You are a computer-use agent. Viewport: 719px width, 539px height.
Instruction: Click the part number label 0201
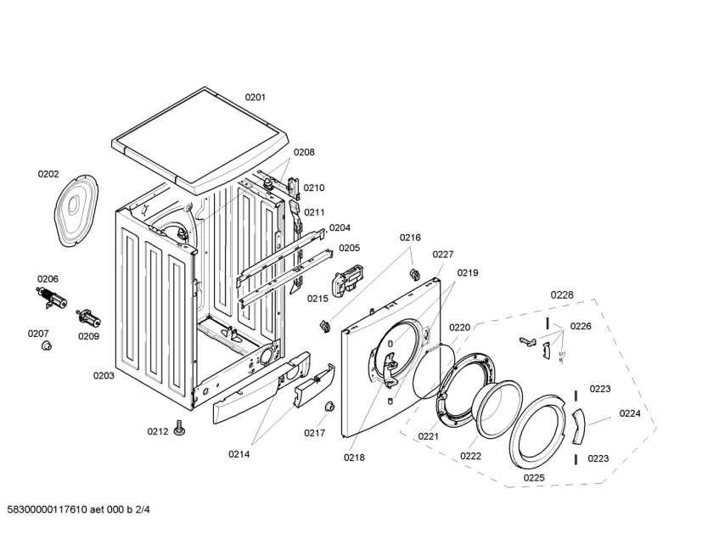point(255,98)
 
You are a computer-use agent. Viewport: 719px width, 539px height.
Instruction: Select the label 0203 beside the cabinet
point(104,375)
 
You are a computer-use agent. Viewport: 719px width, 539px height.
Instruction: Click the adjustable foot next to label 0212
point(179,428)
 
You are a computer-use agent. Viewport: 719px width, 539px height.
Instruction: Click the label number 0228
point(561,295)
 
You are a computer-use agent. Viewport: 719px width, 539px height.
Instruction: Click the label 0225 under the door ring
point(534,477)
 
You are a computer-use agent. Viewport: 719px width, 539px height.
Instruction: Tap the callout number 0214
point(239,454)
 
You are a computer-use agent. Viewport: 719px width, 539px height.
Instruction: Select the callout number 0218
point(354,458)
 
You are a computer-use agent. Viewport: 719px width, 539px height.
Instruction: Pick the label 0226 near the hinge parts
point(581,326)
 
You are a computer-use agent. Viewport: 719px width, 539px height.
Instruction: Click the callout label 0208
point(304,153)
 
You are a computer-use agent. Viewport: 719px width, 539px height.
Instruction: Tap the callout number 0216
point(411,239)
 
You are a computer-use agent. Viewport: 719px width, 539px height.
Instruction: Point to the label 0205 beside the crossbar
point(349,248)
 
